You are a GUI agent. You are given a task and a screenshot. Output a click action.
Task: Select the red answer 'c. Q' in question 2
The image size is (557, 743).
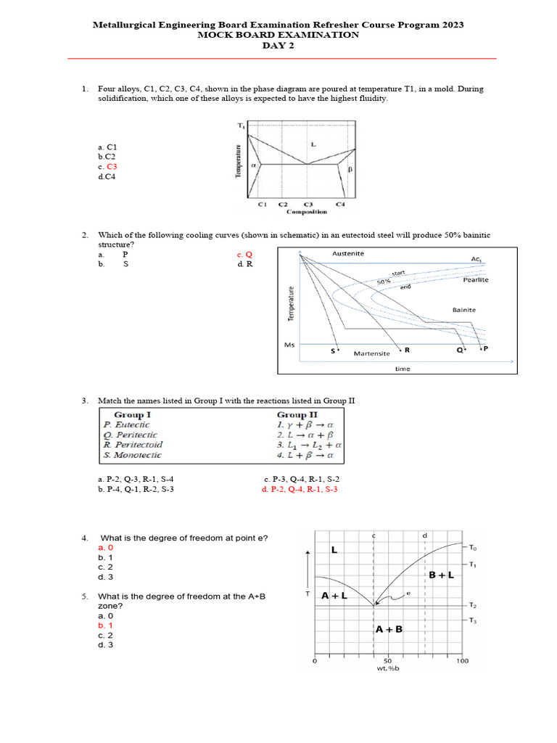point(244,255)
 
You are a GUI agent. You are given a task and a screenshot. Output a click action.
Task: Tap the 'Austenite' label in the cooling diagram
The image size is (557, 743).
point(348,254)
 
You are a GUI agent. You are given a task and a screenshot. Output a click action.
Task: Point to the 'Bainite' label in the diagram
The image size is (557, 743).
point(464,309)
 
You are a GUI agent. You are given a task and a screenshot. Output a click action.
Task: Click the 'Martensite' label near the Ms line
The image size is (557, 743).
point(371,353)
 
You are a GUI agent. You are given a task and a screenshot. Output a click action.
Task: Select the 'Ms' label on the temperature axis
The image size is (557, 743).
point(289,345)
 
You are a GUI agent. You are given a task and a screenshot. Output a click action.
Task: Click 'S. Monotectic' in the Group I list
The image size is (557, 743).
point(132,455)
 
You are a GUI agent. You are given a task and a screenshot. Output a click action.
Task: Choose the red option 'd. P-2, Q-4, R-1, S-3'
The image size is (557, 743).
point(299,490)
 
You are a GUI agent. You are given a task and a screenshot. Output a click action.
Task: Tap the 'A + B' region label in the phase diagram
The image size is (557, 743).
point(389,630)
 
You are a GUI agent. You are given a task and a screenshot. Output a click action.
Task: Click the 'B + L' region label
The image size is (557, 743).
point(441,575)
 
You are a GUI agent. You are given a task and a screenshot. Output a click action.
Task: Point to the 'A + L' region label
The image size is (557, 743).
point(335,595)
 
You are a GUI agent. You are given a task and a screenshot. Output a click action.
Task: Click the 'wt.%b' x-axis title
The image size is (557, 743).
point(388,668)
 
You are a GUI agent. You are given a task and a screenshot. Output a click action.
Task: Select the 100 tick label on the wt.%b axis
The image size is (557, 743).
point(462,660)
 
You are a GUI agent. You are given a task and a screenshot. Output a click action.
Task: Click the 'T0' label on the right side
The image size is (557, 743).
point(474,547)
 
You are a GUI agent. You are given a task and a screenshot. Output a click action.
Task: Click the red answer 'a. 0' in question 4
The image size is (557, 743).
point(106,547)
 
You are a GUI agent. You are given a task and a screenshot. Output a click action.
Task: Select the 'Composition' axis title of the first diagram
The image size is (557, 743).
point(307,212)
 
